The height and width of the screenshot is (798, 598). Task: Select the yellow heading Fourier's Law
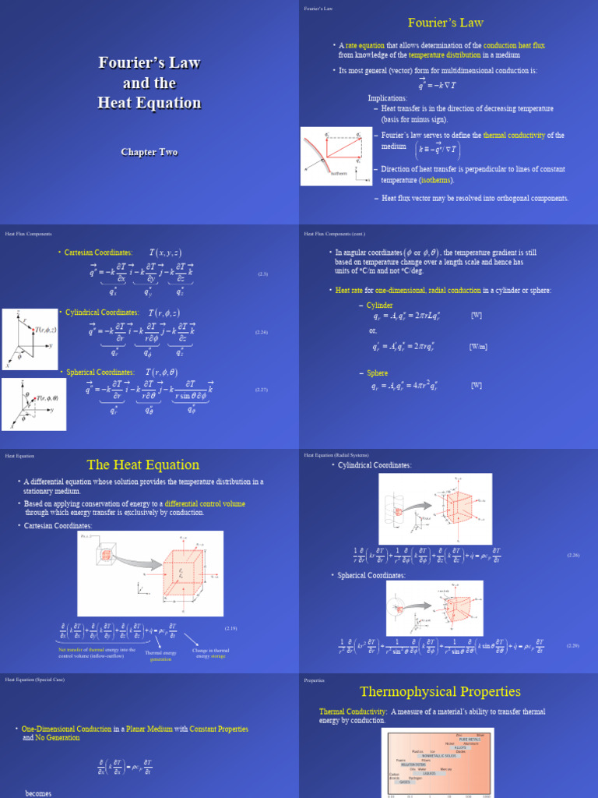(446, 23)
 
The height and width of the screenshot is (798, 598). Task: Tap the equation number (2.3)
(263, 274)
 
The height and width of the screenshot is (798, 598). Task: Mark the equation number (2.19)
(230, 628)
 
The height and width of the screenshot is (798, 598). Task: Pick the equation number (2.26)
(572, 555)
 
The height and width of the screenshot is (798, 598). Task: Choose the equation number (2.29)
(572, 645)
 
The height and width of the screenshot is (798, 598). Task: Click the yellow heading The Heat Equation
(143, 465)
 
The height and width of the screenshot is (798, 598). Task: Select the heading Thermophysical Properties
(440, 692)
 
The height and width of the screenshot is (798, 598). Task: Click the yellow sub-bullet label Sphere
(377, 373)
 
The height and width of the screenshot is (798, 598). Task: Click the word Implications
(388, 99)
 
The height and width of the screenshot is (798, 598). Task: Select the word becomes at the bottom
(38, 793)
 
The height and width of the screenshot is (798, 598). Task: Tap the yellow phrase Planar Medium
(153, 729)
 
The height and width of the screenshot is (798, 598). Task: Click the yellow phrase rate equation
(364, 46)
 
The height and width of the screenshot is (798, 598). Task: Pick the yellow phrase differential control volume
(205, 504)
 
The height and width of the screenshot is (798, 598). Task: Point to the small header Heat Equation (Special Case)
(35, 680)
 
